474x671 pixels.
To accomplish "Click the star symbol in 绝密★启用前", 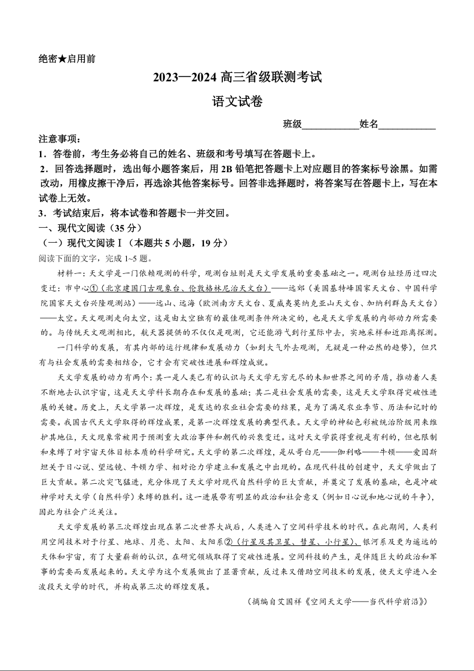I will [62, 59].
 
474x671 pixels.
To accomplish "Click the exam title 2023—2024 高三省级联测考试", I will [237, 77].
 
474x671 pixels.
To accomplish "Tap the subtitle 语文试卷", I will [237, 102].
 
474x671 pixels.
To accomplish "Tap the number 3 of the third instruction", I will [42, 213].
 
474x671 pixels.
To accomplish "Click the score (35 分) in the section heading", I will [126, 228].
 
